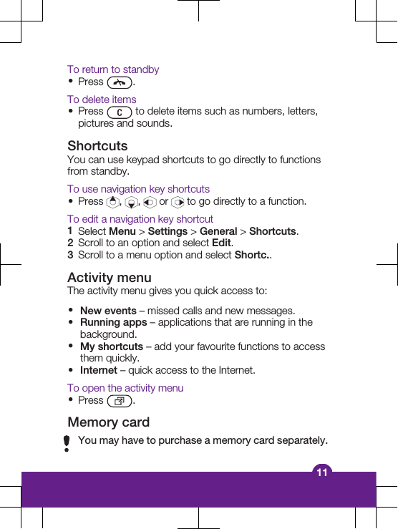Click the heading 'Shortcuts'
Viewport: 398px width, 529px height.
coord(97,146)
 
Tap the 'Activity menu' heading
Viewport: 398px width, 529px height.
coord(110,278)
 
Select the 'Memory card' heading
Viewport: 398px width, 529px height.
coord(109,422)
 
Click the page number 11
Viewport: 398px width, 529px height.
coord(322,472)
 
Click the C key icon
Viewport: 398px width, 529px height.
coord(119,112)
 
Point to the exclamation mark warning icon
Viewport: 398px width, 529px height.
coord(67,444)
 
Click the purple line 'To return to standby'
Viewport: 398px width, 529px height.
coord(113,69)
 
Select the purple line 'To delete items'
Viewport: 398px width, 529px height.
coord(102,100)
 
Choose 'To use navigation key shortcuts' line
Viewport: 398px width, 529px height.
coord(138,189)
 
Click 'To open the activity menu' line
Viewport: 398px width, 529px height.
coord(125,388)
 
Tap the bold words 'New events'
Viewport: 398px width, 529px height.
coord(108,311)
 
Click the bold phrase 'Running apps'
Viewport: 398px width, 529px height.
coord(113,323)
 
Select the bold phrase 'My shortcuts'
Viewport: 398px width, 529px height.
coord(112,346)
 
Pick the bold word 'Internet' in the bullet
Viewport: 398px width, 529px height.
coord(99,370)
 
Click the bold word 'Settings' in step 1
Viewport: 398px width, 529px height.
coord(168,231)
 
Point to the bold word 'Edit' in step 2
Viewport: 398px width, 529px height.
coord(222,243)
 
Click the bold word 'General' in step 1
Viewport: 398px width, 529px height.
coord(218,231)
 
